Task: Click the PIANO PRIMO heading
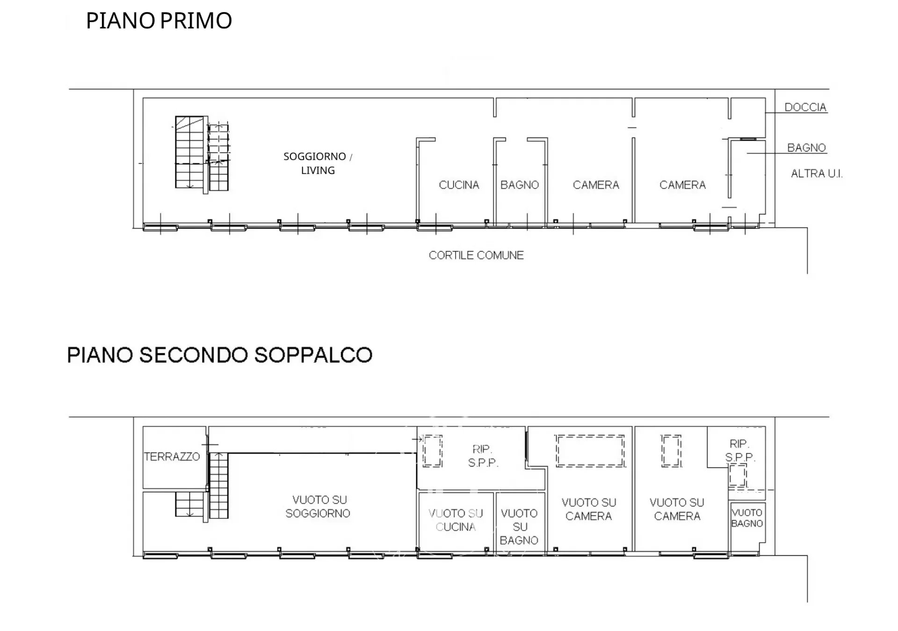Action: (x=159, y=21)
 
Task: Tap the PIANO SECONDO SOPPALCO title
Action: (x=220, y=355)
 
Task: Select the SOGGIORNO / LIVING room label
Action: (x=318, y=163)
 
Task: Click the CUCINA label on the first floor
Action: (x=459, y=185)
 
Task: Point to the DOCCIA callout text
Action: (x=805, y=107)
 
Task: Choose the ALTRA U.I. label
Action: (x=817, y=173)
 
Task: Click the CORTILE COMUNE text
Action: (x=476, y=255)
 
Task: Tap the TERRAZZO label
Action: (x=172, y=457)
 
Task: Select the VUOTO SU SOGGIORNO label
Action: (x=318, y=507)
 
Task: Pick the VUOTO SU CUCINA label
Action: (x=456, y=520)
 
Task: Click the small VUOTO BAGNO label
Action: (x=747, y=518)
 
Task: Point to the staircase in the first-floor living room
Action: (x=202, y=155)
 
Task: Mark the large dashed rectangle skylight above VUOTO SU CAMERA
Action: (x=590, y=451)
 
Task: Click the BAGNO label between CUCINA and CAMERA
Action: (x=520, y=185)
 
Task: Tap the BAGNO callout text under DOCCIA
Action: (x=806, y=148)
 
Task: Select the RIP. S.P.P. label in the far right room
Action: (x=739, y=450)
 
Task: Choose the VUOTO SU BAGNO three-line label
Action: (x=519, y=527)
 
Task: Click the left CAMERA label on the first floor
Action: (x=596, y=185)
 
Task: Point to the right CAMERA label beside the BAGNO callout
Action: (x=682, y=185)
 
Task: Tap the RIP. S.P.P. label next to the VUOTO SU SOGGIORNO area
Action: (x=483, y=456)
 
